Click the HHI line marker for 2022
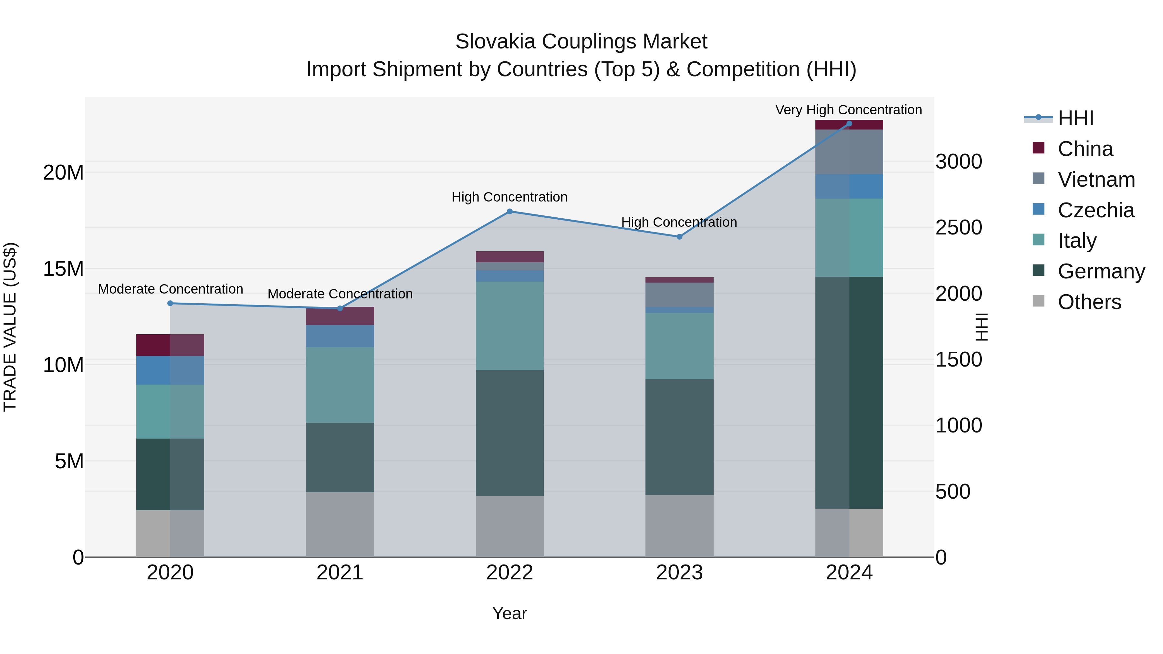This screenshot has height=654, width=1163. pos(510,211)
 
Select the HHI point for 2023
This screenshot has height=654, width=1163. pos(679,236)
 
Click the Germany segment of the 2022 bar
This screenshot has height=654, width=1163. pos(510,433)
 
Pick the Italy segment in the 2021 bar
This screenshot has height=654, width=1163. pos(340,385)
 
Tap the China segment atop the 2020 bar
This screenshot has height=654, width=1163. pos(170,345)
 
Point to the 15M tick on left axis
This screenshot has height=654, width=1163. pos(63,269)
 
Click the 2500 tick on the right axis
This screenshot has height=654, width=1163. pos(959,227)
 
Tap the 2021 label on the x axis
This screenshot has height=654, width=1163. pos(340,573)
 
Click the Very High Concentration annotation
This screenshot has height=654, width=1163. pos(848,110)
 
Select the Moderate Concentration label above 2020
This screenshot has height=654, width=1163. pos(170,289)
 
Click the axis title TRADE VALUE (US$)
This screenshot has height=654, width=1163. pos(10,327)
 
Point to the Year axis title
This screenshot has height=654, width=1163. pos(510,613)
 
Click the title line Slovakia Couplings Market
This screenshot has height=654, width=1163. pos(581,42)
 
